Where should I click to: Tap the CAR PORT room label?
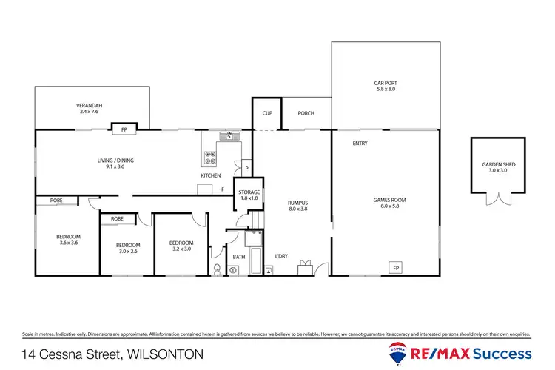(x=385, y=82)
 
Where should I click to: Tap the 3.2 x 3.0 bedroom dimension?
(x=181, y=249)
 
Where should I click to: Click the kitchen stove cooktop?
(x=210, y=158)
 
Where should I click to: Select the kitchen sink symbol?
(x=230, y=135)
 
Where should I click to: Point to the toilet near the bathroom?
(x=215, y=269)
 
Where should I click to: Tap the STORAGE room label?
(x=249, y=192)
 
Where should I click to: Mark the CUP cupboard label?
(x=267, y=113)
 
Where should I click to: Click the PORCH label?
(x=306, y=113)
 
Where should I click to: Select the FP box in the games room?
(x=396, y=267)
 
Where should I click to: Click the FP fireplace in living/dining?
(x=124, y=130)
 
